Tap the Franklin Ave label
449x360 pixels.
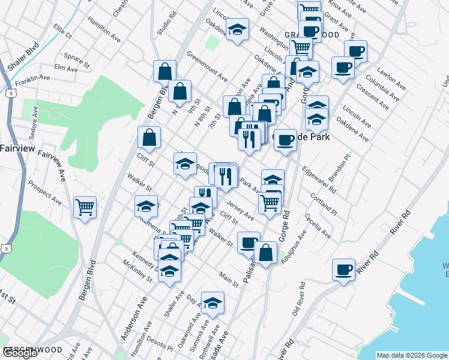32,79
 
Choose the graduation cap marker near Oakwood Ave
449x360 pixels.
212,304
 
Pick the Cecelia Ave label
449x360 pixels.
318,226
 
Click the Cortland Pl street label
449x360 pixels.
324,205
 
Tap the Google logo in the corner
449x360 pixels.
20,353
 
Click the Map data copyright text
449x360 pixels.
412,355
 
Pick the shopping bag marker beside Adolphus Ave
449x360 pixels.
265,253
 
